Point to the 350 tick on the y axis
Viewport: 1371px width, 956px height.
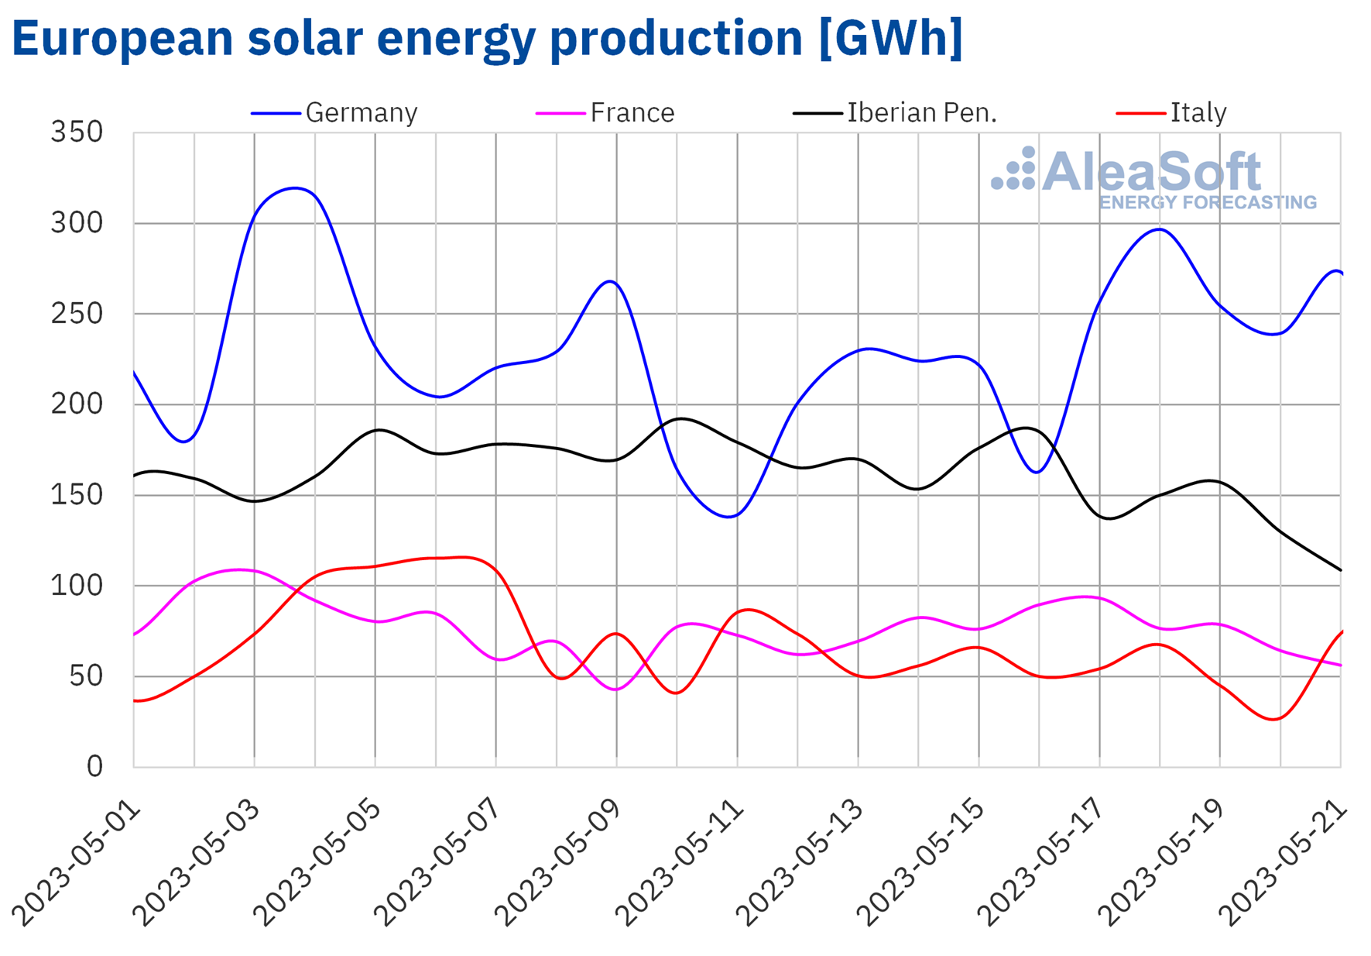(77, 132)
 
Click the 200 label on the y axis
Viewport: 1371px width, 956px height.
(77, 404)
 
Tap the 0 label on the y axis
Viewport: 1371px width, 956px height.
(94, 767)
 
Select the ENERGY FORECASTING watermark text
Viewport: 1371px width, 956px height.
(1207, 203)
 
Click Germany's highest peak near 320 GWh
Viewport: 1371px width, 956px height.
(295, 187)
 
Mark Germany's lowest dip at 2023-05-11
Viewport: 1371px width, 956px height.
(729, 517)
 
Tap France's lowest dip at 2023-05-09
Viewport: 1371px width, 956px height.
(615, 689)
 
